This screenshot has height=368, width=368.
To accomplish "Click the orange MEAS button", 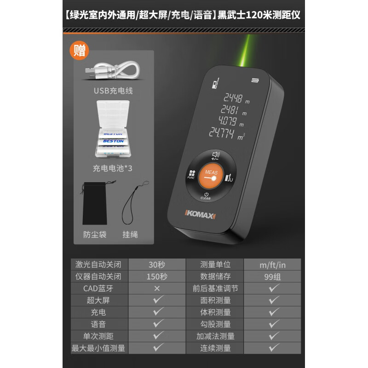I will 211,177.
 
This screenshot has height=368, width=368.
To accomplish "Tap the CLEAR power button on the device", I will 206,196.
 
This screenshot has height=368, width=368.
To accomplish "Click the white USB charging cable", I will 113,70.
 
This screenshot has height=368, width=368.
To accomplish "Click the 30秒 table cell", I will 157,264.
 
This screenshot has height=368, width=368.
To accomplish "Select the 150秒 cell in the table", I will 157,276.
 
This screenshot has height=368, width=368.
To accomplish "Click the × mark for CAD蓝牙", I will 157,289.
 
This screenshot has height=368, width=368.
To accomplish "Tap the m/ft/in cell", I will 273,264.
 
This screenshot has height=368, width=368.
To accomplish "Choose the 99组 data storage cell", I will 273,276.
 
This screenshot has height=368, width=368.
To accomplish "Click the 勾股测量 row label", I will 215,324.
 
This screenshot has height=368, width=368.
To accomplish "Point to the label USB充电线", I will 113,91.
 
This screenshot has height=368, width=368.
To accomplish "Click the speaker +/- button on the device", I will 215,156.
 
